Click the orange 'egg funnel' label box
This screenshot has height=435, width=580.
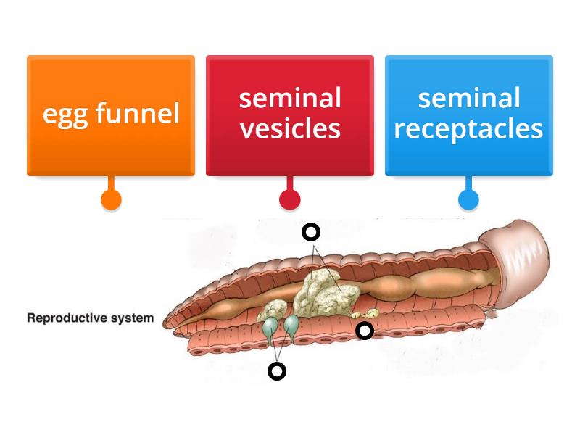click(x=111, y=115)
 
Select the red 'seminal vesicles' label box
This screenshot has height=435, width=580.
click(x=290, y=115)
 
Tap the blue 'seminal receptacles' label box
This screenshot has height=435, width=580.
click(x=468, y=115)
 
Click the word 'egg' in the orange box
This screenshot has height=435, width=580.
click(x=60, y=114)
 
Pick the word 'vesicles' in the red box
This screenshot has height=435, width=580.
click(x=290, y=129)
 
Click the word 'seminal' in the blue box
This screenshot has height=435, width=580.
click(x=468, y=98)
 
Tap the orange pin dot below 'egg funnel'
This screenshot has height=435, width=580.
click(x=111, y=199)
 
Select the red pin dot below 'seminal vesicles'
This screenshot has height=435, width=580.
click(x=290, y=199)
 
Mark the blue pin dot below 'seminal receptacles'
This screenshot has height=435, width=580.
click(x=468, y=199)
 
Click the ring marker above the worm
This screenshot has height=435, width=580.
click(x=310, y=232)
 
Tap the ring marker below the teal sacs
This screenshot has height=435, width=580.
click(x=277, y=371)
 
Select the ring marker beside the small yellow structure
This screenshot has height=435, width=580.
click(x=365, y=331)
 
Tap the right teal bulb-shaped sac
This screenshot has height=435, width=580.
click(x=291, y=324)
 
